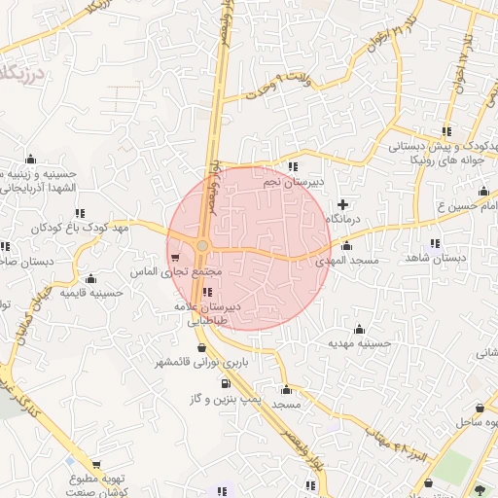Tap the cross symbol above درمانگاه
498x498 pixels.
[341, 204]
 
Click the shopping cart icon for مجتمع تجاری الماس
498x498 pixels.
[174, 259]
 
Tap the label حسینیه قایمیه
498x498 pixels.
[90, 292]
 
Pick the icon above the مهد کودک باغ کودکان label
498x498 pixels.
[79, 212]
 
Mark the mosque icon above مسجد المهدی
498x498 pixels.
[347, 247]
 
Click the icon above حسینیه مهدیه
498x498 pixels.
[360, 329]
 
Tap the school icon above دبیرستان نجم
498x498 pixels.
[294, 167]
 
